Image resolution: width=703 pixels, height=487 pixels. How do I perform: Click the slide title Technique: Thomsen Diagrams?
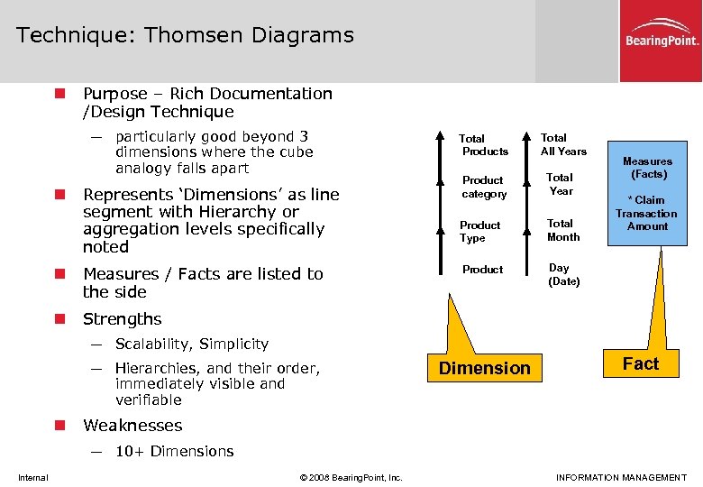(x=185, y=35)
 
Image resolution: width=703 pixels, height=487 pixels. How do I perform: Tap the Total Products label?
(x=485, y=144)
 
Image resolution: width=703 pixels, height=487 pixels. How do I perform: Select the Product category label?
(x=484, y=187)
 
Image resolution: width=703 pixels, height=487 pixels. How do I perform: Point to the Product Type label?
(x=479, y=231)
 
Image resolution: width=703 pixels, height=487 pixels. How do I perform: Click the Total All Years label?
(x=563, y=144)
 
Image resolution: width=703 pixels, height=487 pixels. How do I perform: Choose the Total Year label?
(x=560, y=184)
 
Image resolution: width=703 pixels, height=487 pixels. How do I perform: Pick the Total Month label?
(x=562, y=230)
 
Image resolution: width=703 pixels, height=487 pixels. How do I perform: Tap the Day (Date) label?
(x=564, y=274)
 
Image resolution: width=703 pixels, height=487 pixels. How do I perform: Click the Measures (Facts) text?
(x=647, y=167)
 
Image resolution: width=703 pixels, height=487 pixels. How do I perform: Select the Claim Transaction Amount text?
(x=646, y=213)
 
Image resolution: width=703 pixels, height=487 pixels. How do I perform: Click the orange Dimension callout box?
(x=484, y=368)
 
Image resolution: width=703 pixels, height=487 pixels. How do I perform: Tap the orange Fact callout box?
(x=640, y=363)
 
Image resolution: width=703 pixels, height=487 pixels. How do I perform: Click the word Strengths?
(x=122, y=319)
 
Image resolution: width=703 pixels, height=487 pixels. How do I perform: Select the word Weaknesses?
(x=132, y=426)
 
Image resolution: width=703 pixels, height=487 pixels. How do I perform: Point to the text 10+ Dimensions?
(x=174, y=451)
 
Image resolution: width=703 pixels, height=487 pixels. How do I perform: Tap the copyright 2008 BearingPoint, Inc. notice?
(x=350, y=477)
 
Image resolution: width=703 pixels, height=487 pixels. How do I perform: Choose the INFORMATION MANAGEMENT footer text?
(x=621, y=477)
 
